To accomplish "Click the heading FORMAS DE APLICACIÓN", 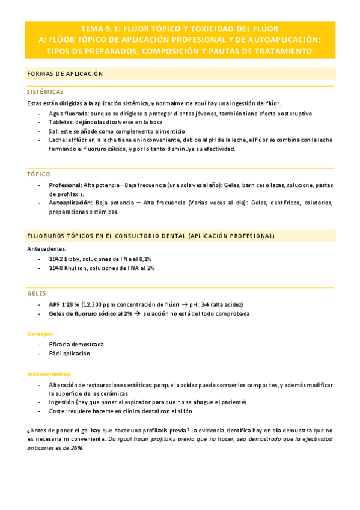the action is [65, 74].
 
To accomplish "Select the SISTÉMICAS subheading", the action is [45, 92].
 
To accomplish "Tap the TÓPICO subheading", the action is [39, 174].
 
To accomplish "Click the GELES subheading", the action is [37, 293].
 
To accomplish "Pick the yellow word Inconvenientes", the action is [49, 374].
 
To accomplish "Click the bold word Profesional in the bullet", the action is [65, 185].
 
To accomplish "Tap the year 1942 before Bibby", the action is [56, 259].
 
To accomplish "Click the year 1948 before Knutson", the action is [56, 268].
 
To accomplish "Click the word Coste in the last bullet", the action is [57, 411].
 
